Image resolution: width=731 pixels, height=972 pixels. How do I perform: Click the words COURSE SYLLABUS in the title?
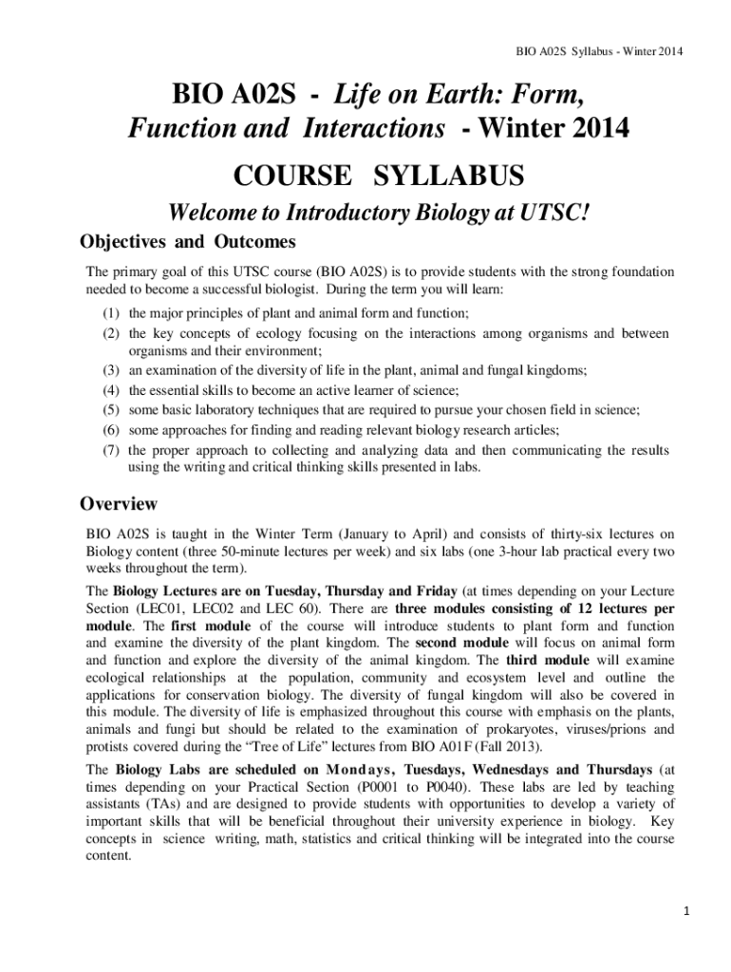(x=378, y=176)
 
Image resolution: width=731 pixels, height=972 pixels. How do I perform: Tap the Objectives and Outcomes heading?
(x=188, y=241)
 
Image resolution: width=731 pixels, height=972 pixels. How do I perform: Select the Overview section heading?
(x=119, y=503)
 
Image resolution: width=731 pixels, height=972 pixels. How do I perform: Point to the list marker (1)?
(x=111, y=312)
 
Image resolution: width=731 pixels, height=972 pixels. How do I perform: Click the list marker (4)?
(x=111, y=390)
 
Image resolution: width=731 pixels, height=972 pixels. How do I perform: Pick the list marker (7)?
(x=111, y=450)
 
